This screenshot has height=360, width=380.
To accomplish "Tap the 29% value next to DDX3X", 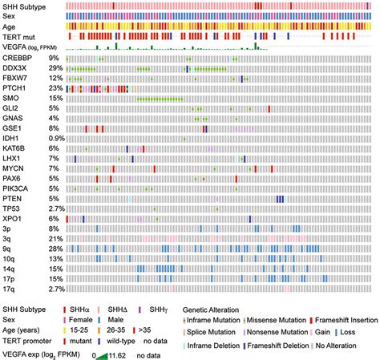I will click(55, 68).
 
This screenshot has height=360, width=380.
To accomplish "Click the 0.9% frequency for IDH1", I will click(53, 138).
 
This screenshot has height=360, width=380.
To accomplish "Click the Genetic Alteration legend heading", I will click(217, 309).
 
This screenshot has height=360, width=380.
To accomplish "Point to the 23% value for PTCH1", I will click(55, 87).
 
